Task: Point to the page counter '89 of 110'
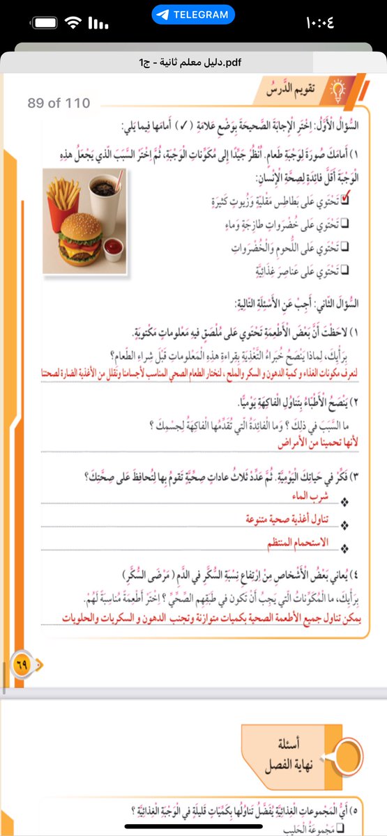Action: (x=59, y=103)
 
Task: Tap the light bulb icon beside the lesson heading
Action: (x=340, y=88)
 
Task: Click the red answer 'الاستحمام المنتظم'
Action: (x=298, y=541)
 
